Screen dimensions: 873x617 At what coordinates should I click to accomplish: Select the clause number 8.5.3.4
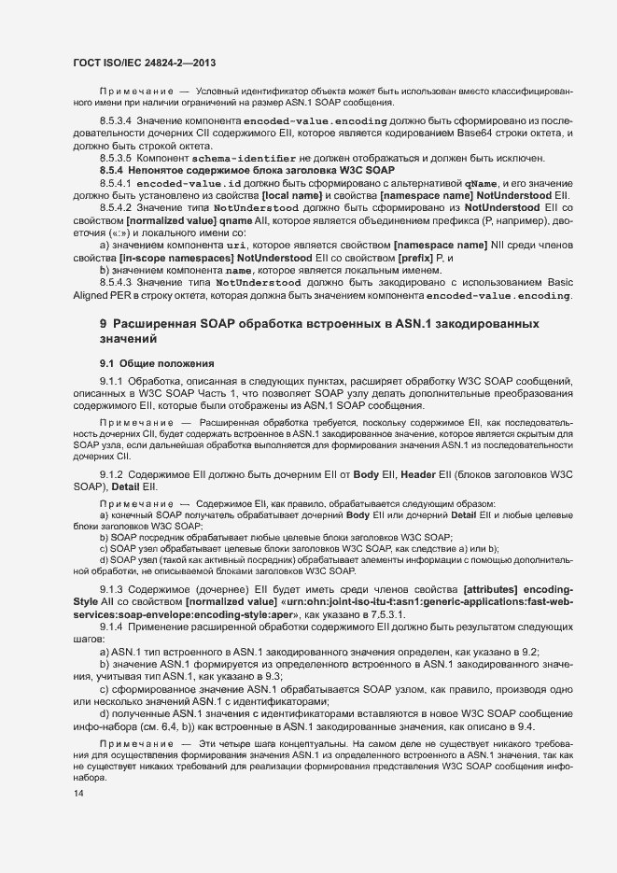pyautogui.click(x=116, y=121)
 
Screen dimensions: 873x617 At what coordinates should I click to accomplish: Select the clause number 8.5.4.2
pyautogui.click(x=116, y=207)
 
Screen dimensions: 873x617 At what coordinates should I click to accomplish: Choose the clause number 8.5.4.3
pyautogui.click(x=116, y=282)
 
